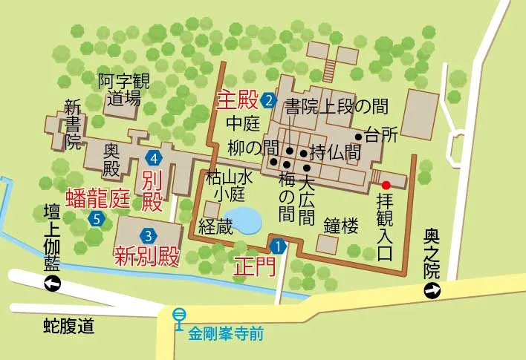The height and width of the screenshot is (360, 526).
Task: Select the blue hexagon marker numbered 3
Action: (149, 235)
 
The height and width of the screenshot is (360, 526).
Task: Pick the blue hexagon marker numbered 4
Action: (155, 157)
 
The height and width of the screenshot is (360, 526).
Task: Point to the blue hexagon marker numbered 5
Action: (97, 218)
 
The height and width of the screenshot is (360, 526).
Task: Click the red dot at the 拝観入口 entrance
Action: (386, 184)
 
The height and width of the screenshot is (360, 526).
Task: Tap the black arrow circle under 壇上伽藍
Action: (52, 284)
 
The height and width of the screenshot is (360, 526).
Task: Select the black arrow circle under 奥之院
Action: (431, 292)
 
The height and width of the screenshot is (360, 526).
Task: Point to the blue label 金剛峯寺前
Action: (225, 333)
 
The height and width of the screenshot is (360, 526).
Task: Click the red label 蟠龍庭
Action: (98, 198)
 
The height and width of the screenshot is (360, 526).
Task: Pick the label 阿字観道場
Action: (123, 90)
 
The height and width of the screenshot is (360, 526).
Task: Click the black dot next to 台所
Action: (358, 137)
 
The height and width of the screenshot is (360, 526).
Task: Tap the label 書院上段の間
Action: (337, 106)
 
